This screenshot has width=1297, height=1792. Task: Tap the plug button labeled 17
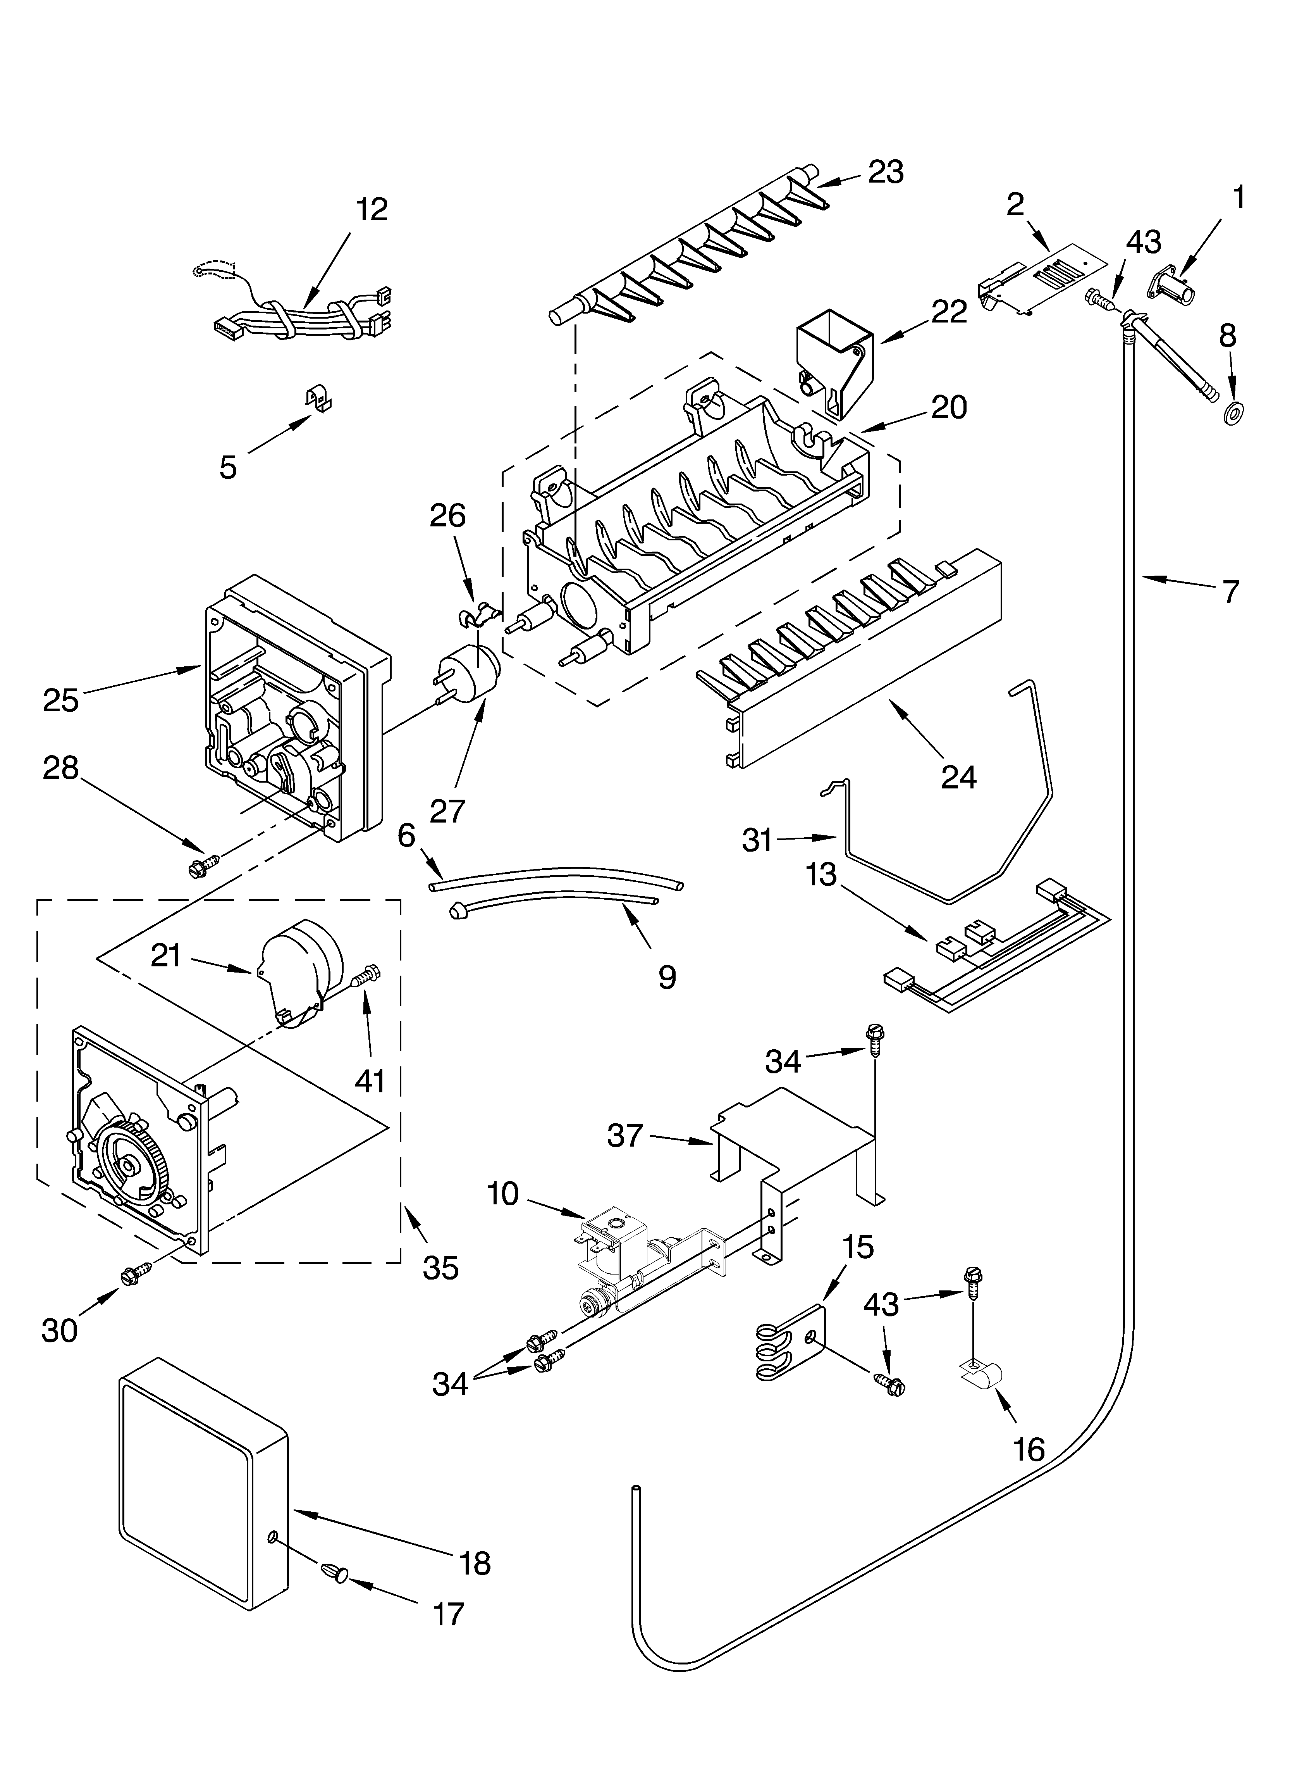336,1573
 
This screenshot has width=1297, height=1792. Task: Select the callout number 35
440,1268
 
